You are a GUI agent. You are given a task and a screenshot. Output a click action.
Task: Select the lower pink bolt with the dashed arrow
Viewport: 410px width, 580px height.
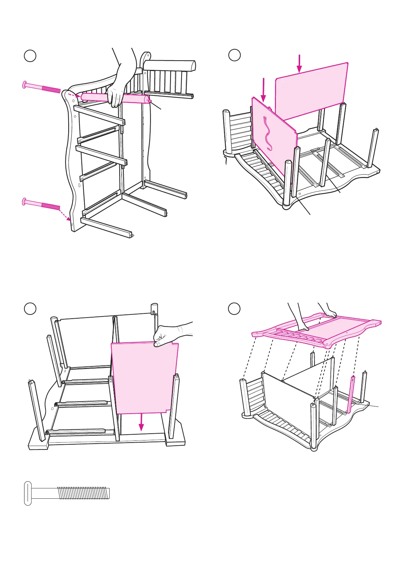(x=41, y=204)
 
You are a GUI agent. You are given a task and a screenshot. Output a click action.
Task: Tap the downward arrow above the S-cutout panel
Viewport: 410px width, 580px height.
(x=264, y=89)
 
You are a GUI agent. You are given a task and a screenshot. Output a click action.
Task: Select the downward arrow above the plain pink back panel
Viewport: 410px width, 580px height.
(x=299, y=63)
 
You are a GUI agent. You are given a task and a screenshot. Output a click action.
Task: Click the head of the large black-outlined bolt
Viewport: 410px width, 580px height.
(x=28, y=493)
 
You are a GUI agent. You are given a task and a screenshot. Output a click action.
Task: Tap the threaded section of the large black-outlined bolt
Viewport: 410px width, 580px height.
(x=83, y=493)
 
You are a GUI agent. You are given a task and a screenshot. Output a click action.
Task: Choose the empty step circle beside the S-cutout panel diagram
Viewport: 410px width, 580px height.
(x=235, y=55)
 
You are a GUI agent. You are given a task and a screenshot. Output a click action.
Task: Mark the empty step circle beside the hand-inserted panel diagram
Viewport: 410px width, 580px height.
(x=30, y=308)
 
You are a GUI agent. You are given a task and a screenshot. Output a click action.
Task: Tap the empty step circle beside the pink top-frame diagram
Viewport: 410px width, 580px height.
(x=235, y=308)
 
